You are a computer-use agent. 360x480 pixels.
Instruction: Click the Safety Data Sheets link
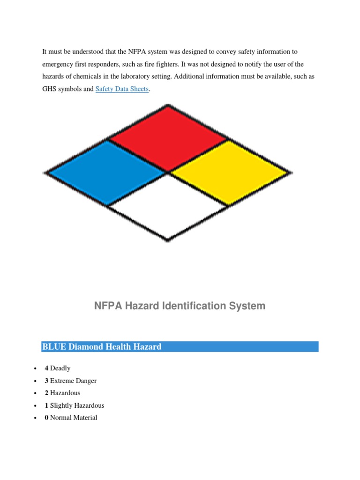pos(122,89)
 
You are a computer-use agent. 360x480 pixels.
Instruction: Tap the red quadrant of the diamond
pos(168,138)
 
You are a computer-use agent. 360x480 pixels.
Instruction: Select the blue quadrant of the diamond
pos(107,172)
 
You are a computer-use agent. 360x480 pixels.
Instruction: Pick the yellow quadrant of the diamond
pos(229,172)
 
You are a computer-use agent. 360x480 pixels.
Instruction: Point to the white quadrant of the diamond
pos(168,207)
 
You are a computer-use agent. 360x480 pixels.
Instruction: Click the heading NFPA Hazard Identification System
pos(180,306)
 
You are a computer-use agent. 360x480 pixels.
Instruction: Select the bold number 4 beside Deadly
pos(46,368)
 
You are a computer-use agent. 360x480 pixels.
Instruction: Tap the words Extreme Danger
pos(73,381)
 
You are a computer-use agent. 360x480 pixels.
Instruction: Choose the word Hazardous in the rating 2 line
pos(65,393)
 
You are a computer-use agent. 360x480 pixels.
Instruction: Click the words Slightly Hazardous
pos(77,405)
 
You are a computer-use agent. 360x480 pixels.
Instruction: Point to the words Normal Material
pos(74,418)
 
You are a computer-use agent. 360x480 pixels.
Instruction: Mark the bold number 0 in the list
pos(46,418)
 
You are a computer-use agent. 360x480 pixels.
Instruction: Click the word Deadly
pos(60,368)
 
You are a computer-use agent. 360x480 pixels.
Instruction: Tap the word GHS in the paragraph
pos(50,89)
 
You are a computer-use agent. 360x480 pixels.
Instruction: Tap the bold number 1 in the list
pos(46,405)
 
